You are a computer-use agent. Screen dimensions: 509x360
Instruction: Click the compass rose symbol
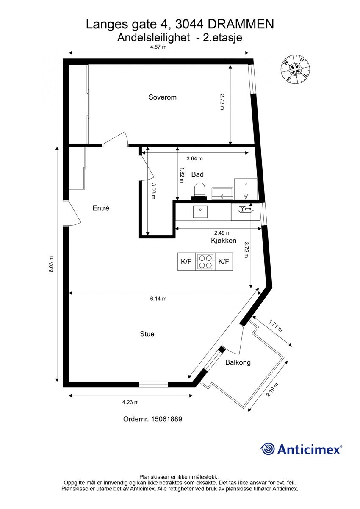pyautogui.click(x=296, y=69)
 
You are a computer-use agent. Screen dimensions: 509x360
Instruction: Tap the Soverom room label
pyautogui.click(x=162, y=97)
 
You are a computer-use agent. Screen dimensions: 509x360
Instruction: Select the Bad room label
pyautogui.click(x=197, y=174)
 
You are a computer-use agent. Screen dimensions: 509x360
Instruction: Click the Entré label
pyautogui.click(x=101, y=208)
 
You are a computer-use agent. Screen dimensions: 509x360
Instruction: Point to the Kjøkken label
pyautogui.click(x=224, y=241)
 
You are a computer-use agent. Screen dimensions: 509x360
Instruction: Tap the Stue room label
pyautogui.click(x=147, y=334)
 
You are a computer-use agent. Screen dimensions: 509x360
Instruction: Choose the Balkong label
pyautogui.click(x=238, y=362)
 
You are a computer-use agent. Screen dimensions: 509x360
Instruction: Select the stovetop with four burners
pyautogui.click(x=205, y=261)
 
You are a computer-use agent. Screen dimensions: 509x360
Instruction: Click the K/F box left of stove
pyautogui.click(x=186, y=261)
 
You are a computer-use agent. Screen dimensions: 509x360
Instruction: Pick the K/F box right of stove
pyautogui.click(x=224, y=261)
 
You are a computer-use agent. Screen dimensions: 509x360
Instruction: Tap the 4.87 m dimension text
pyautogui.click(x=158, y=47)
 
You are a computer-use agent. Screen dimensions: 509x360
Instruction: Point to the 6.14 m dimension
pyautogui.click(x=158, y=299)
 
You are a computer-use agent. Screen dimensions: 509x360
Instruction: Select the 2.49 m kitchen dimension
pyautogui.click(x=222, y=232)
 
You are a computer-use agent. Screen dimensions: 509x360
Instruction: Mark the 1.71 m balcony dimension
pyautogui.click(x=275, y=326)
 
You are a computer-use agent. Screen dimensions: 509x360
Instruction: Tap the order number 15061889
pyautogui.click(x=152, y=419)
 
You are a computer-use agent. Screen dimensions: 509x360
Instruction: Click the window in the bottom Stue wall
pyautogui.click(x=153, y=385)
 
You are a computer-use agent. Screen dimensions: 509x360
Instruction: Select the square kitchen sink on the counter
pyautogui.click(x=200, y=211)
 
